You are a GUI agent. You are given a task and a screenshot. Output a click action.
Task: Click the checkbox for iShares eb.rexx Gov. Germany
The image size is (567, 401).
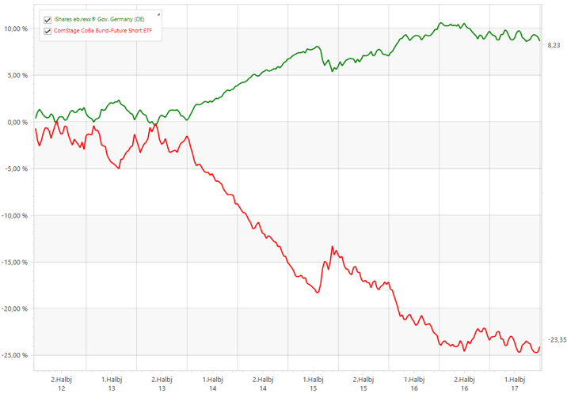coord(48,19)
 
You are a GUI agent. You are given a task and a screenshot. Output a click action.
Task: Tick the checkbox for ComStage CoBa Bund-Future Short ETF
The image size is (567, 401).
coord(48,31)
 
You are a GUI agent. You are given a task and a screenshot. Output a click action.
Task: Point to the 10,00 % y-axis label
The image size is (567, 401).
coord(17,29)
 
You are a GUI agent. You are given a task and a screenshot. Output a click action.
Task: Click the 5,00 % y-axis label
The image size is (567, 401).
coord(18,76)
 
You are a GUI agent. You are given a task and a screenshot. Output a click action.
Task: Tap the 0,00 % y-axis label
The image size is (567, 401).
coord(18,123)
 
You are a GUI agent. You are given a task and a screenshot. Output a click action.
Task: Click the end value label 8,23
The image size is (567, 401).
coord(554,47)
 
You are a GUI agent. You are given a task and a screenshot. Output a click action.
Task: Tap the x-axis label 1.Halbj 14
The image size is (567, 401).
coord(213,383)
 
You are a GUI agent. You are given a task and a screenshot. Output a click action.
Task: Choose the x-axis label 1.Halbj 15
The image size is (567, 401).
coord(312,383)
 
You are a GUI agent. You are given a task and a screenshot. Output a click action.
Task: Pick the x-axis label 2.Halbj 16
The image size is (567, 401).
coord(466,383)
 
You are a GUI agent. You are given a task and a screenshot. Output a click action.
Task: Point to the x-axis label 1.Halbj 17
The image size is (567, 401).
coord(515,383)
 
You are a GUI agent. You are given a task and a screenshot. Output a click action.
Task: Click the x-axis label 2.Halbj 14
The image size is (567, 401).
coord(262,383)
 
